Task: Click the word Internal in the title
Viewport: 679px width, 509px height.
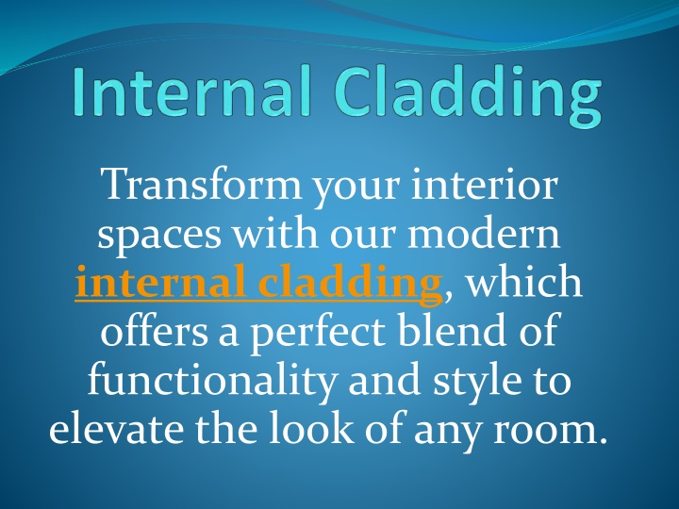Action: coord(192,90)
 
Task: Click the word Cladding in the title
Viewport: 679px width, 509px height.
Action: coord(468,95)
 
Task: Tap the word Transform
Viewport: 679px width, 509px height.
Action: coord(201,184)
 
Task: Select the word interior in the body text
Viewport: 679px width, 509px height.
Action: coord(484,184)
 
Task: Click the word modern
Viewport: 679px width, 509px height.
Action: coord(484,233)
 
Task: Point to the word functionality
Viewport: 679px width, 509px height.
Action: coord(212,379)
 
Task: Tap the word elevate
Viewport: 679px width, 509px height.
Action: coord(116,429)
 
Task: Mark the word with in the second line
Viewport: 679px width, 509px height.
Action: coord(275,232)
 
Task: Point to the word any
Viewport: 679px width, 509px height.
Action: coord(448,433)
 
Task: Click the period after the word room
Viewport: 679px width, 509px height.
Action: coord(602,440)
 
